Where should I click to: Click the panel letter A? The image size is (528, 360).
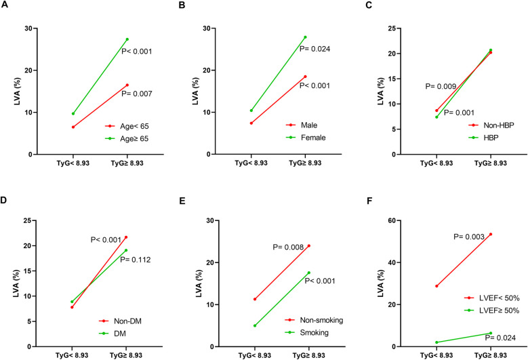tap(4, 5)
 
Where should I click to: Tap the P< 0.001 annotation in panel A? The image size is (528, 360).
tap(137, 52)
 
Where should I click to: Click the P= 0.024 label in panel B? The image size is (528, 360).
tap(315, 49)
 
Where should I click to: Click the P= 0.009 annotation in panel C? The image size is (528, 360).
tap(441, 87)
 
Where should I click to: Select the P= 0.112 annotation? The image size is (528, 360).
tap(136, 260)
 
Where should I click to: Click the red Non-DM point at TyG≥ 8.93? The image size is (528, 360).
tap(126, 237)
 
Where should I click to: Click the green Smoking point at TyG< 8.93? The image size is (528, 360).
tap(255, 325)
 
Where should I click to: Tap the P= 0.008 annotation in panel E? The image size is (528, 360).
tap(288, 247)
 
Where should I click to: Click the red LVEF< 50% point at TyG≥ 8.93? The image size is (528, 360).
tap(491, 234)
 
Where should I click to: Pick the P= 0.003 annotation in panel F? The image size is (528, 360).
tap(469, 237)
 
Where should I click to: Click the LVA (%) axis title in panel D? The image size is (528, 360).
tap(16, 283)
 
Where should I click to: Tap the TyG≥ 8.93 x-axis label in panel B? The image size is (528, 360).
tap(305, 163)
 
